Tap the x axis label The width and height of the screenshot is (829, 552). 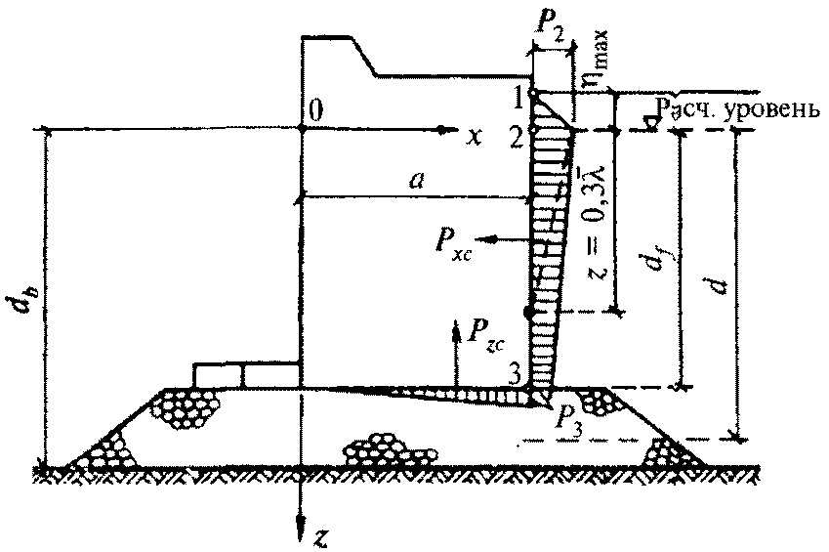pos(475,136)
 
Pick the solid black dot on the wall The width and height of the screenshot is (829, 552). pos(529,313)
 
